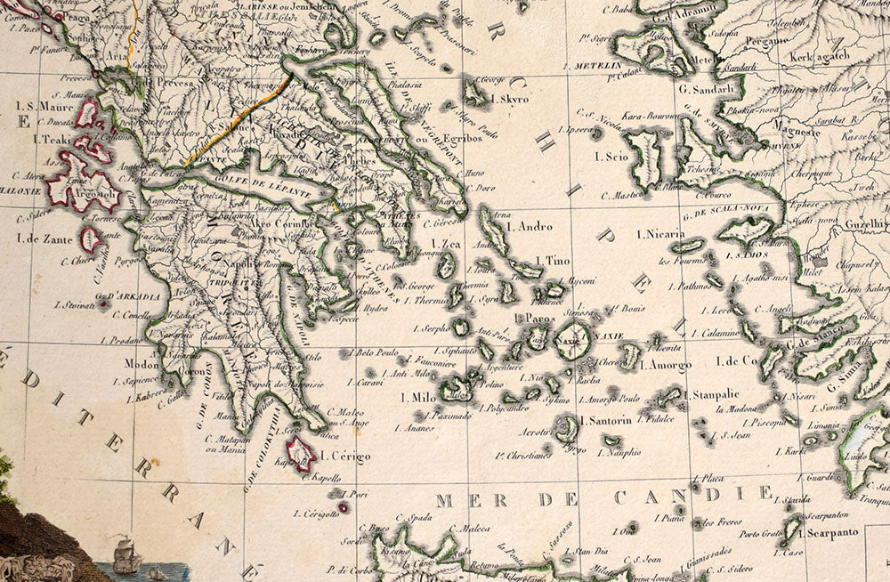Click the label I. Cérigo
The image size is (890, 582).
coord(344,457)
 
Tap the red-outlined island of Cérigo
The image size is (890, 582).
coord(301,453)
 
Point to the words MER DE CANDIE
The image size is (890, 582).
coord(604,497)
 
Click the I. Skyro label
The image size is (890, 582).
coord(509,99)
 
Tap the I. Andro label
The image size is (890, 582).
coord(529,227)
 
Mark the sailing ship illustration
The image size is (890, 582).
coord(125,555)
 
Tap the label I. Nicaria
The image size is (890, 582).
coord(660,234)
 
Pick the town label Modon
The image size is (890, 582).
coord(142,363)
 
